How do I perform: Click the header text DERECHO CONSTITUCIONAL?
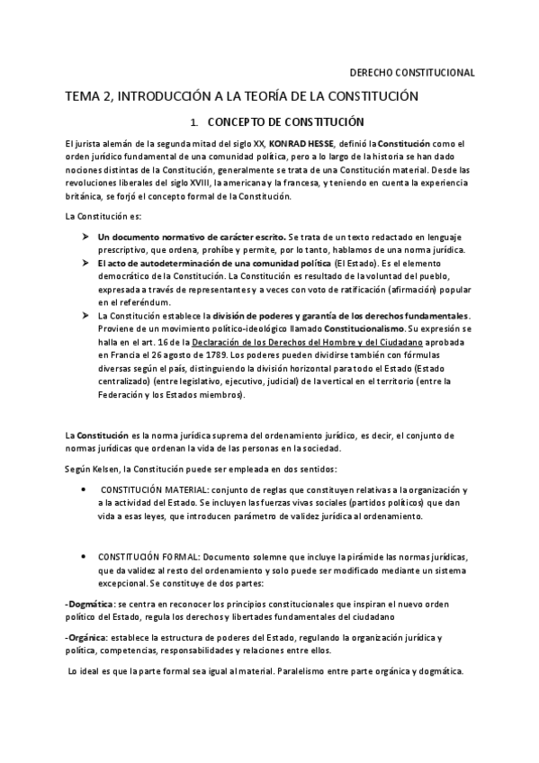click(x=411, y=73)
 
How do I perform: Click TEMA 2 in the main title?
click(x=87, y=95)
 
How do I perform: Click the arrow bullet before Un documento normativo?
click(x=85, y=236)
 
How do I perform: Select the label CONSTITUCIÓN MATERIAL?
click(x=156, y=489)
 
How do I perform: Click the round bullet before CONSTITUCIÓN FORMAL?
click(x=85, y=557)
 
